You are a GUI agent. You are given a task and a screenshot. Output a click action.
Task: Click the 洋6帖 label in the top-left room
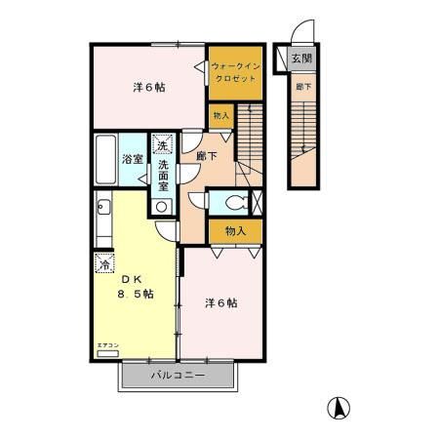(x=148, y=87)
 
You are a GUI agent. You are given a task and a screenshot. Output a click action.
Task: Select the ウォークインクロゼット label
(x=235, y=71)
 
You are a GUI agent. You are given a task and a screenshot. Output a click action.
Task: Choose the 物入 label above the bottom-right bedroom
(x=235, y=231)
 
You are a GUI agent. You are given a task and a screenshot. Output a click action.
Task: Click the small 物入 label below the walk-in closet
(x=221, y=116)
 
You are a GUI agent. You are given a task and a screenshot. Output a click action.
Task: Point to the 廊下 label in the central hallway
(x=207, y=154)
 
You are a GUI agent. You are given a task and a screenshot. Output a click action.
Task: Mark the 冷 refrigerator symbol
(x=103, y=262)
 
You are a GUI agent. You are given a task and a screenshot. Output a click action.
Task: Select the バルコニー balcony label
(x=177, y=376)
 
